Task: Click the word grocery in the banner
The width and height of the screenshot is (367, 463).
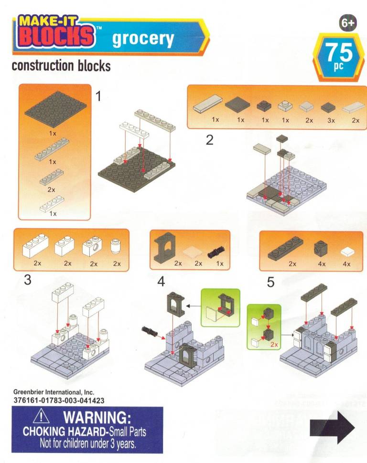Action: tap(143, 39)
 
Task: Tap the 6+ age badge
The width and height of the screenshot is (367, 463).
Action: tap(348, 23)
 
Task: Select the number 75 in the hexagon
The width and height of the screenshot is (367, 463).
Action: tap(339, 52)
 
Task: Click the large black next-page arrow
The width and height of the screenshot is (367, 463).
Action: tap(332, 427)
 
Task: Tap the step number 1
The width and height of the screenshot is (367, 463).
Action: tap(99, 96)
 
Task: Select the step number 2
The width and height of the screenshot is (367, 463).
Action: tap(210, 140)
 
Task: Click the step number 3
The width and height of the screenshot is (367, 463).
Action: tap(28, 280)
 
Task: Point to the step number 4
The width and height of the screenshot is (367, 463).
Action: tap(161, 282)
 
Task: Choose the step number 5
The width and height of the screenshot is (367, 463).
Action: tap(270, 282)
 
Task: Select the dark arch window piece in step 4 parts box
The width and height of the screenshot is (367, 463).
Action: tap(165, 247)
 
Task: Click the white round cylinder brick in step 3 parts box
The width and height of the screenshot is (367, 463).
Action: tap(116, 246)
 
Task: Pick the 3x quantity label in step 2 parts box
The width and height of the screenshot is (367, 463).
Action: tap(331, 120)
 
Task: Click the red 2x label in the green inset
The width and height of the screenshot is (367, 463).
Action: tap(274, 344)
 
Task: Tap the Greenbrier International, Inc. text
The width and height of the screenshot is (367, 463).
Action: tap(54, 392)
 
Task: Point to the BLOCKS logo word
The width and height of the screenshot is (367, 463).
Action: tap(55, 36)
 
